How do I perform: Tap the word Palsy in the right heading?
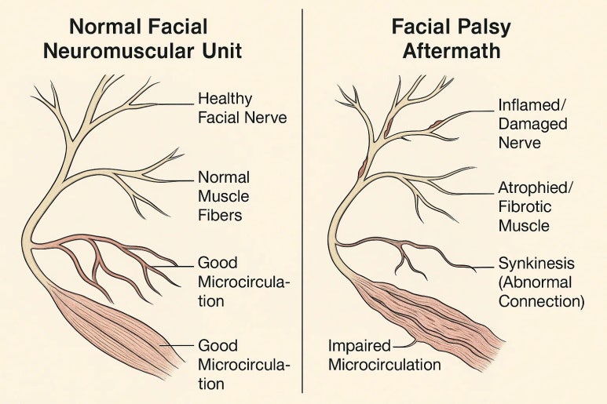point(481,27)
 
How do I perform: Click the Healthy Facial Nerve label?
point(232,109)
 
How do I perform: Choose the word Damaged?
point(532,123)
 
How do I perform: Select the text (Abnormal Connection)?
point(541,291)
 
